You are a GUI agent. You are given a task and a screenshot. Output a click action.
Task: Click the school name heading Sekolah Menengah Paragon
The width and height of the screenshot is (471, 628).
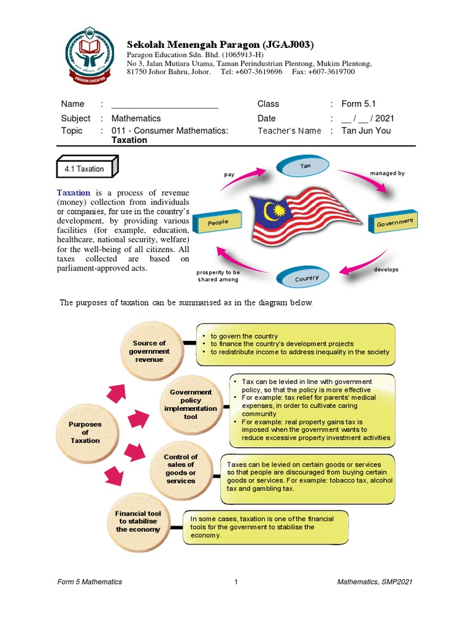(220, 45)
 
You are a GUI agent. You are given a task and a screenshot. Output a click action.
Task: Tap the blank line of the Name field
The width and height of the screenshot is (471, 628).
(164, 104)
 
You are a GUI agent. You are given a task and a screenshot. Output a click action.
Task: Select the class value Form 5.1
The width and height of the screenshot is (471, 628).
(359, 104)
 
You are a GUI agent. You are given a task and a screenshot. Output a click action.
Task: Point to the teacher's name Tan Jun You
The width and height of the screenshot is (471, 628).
(366, 131)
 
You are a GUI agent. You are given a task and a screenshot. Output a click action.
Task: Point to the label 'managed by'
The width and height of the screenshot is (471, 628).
(387, 174)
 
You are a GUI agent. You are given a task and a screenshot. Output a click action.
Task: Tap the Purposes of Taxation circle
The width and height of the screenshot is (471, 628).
(85, 432)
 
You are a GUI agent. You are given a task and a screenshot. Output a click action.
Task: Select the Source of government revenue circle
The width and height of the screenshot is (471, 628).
(150, 351)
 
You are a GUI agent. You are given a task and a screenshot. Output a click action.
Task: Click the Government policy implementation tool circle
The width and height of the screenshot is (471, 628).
(190, 404)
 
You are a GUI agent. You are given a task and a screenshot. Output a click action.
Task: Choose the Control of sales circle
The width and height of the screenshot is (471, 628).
(180, 469)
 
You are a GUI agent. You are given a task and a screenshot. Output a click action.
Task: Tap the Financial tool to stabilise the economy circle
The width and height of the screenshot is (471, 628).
(138, 521)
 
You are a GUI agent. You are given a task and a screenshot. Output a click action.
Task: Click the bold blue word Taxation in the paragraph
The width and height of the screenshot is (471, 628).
(74, 193)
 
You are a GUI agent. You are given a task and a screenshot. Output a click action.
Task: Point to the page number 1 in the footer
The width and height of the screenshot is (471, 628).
(235, 582)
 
